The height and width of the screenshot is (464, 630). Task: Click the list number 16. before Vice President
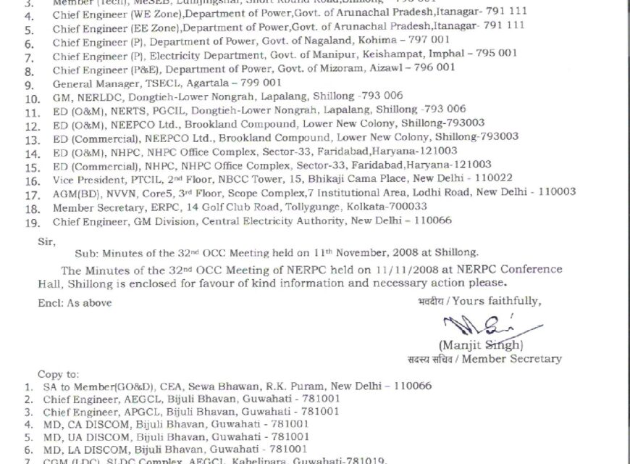(31, 179)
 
